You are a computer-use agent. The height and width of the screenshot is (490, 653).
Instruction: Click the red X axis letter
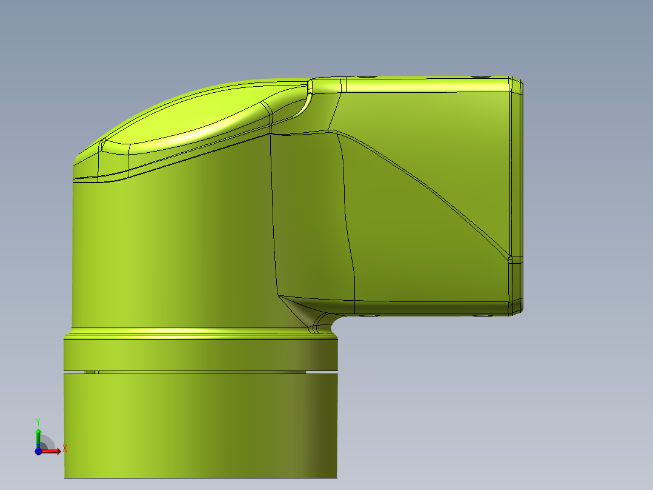[65, 449]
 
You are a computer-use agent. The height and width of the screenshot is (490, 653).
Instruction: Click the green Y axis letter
[38, 421]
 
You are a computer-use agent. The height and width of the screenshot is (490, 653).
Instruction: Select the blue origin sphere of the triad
[38, 451]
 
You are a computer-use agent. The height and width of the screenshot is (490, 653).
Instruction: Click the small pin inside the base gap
[91, 372]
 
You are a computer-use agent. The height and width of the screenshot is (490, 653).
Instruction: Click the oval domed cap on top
[188, 118]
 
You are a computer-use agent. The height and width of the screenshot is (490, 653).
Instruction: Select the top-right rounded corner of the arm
[515, 84]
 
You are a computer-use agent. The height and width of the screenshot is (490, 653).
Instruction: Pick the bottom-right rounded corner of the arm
[515, 308]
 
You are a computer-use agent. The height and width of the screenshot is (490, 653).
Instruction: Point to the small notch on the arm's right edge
[514, 260]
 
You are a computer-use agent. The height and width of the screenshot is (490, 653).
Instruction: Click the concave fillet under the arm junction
[324, 321]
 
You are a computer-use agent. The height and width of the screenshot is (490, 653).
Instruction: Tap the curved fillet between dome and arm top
[300, 103]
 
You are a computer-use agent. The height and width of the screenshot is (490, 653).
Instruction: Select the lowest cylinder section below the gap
[200, 425]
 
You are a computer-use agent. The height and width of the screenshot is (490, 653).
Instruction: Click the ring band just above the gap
[200, 353]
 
